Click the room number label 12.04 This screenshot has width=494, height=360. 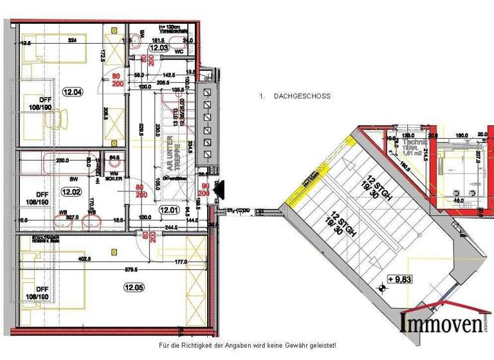(73, 92)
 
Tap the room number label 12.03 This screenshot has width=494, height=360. (159, 48)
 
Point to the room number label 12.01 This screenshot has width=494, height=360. (169, 209)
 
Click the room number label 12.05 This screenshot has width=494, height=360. (134, 287)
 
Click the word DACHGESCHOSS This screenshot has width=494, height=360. (302, 96)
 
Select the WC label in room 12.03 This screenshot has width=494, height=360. (179, 52)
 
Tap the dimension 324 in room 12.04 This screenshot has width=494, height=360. (72, 40)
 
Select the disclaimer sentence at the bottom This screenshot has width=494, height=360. (247, 346)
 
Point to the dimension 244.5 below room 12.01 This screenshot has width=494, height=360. (169, 228)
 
